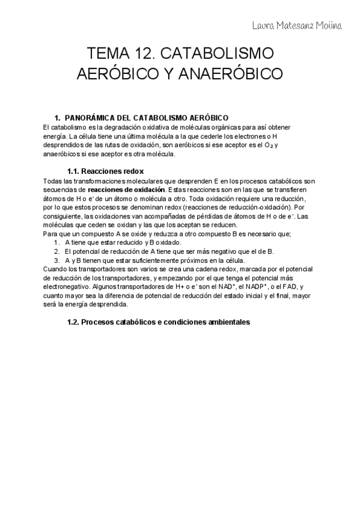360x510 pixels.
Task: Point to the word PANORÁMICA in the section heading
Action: tap(95, 117)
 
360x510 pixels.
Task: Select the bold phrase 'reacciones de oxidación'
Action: tap(126, 190)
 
